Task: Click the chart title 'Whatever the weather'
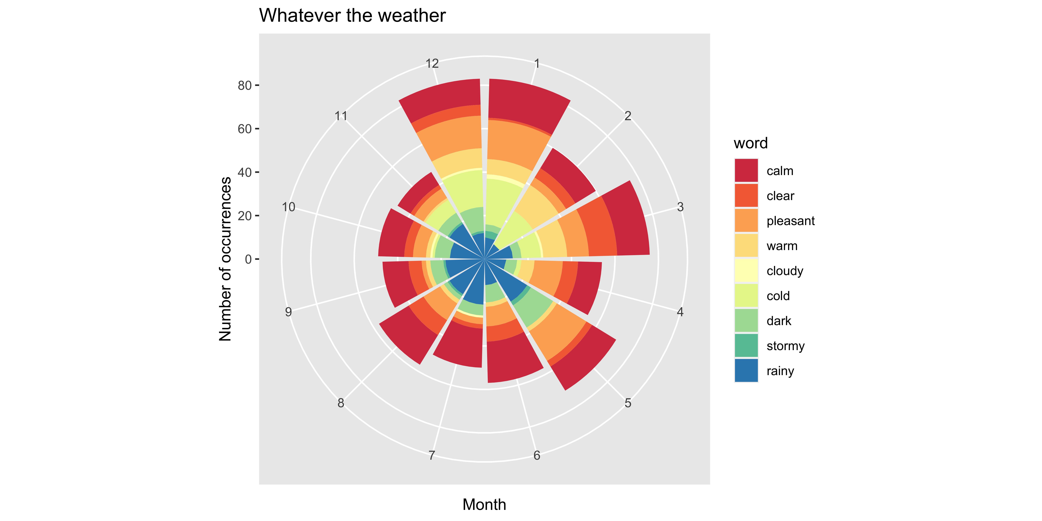pyautogui.click(x=352, y=15)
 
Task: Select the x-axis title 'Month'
pyautogui.click(x=484, y=505)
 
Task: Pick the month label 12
pyautogui.click(x=432, y=64)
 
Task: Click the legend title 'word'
pyautogui.click(x=750, y=143)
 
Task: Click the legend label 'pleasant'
pyautogui.click(x=790, y=221)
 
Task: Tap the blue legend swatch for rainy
pyautogui.click(x=746, y=371)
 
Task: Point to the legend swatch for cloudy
pyautogui.click(x=746, y=271)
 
